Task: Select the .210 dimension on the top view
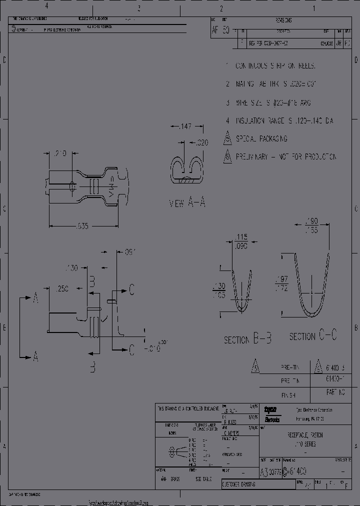[x=59, y=154]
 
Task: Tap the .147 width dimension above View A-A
[x=184, y=127]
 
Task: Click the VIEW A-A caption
[x=187, y=203]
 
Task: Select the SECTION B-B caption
[x=247, y=339]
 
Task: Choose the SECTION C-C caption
[x=313, y=336]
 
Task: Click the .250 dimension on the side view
[x=62, y=288]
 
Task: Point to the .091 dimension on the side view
[x=130, y=251]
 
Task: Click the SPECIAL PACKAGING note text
[x=261, y=138]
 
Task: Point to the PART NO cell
[x=335, y=393]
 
